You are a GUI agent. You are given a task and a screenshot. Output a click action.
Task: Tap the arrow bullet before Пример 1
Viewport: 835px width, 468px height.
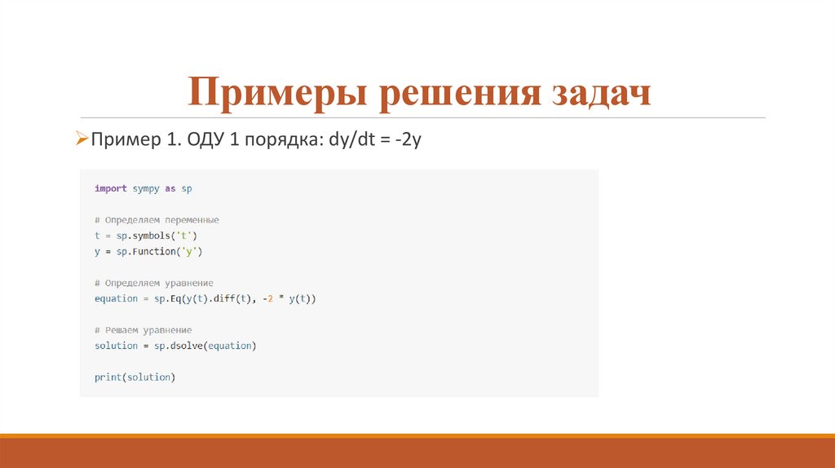click(x=82, y=139)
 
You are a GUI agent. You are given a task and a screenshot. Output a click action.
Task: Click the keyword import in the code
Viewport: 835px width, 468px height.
click(x=111, y=189)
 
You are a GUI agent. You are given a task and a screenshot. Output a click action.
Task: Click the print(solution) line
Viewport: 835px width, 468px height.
click(x=135, y=377)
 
